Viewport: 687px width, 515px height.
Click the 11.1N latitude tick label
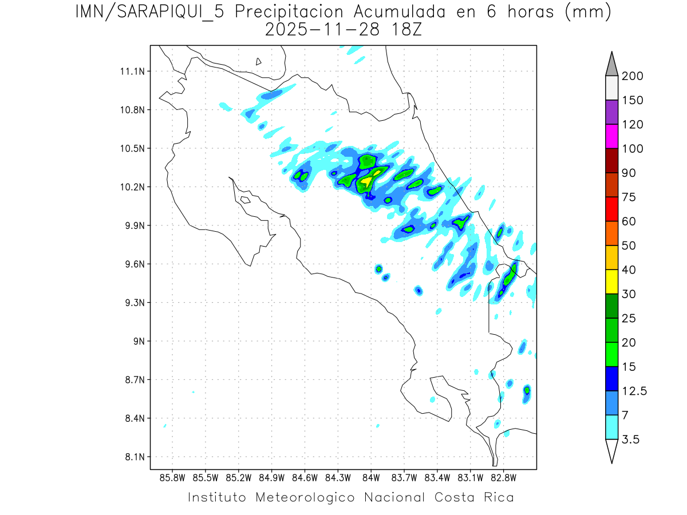tap(130, 72)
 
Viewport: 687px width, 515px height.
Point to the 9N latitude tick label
tap(136, 341)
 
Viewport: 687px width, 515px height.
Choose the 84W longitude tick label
tap(371, 477)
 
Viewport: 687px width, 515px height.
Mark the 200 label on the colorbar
tap(633, 76)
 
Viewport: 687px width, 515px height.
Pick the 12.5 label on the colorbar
tap(634, 391)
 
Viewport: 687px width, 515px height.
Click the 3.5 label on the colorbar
tap(630, 439)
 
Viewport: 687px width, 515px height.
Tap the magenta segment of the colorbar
tap(611, 136)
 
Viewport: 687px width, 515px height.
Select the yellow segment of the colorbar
tap(611, 282)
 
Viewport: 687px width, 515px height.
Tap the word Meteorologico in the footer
tap(306, 497)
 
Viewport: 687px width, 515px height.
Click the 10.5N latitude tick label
tap(130, 148)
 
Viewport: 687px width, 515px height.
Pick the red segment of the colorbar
tap(611, 209)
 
